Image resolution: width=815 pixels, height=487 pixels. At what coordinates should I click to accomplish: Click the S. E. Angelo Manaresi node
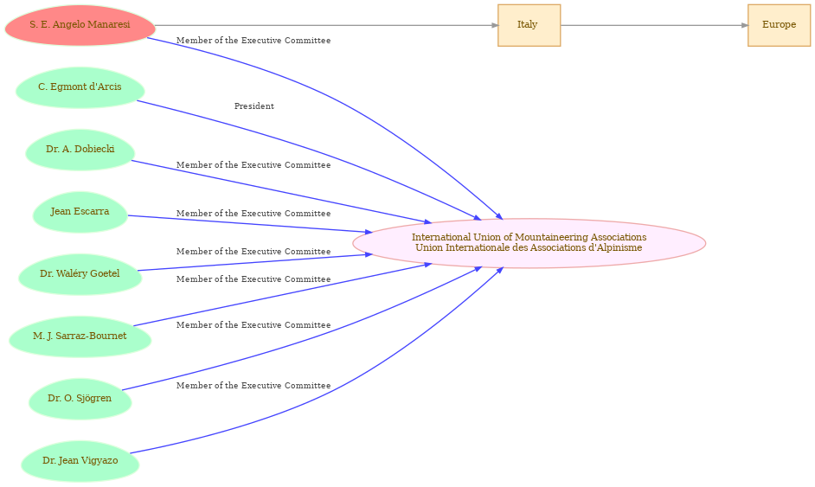click(x=80, y=25)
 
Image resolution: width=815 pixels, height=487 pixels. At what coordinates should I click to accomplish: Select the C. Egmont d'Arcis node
click(x=80, y=87)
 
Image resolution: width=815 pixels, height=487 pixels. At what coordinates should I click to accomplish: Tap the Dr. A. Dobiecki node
click(x=80, y=150)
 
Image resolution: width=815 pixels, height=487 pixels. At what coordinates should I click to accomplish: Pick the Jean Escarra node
click(x=80, y=212)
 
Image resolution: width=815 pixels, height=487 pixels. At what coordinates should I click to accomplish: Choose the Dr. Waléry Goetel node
click(x=80, y=274)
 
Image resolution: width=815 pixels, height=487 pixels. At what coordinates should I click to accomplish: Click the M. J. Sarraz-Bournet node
click(x=80, y=336)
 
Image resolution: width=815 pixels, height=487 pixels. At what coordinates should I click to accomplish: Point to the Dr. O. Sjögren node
click(x=80, y=399)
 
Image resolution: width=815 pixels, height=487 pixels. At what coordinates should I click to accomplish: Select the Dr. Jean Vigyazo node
click(x=80, y=462)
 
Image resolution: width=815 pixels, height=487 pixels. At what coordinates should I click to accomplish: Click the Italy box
click(x=529, y=25)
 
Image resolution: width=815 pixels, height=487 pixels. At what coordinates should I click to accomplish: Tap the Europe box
click(x=780, y=25)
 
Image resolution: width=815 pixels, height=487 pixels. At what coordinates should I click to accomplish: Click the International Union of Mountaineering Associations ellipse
click(x=529, y=243)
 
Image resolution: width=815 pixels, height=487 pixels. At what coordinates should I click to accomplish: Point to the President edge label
click(x=254, y=106)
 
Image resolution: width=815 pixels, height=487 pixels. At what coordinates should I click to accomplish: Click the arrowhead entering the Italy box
click(x=495, y=25)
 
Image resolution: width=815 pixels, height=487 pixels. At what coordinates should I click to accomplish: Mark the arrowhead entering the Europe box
click(x=745, y=25)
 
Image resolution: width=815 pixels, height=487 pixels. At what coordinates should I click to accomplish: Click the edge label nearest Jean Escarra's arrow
click(x=253, y=214)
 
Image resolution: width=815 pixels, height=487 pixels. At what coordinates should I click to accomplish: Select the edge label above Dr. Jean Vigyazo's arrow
click(x=253, y=386)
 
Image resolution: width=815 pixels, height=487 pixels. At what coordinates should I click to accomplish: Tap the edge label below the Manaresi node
click(x=253, y=41)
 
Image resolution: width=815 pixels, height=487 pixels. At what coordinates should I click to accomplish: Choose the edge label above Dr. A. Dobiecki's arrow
click(x=253, y=165)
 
